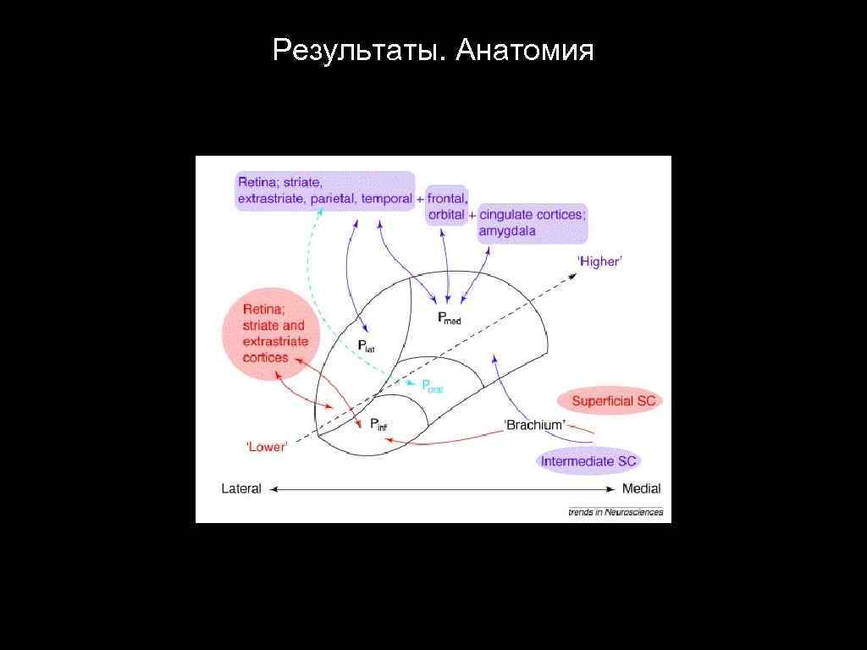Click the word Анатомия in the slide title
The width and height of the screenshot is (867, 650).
[524, 52]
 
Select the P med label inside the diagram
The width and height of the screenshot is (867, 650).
[450, 319]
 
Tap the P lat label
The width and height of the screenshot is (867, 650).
[366, 345]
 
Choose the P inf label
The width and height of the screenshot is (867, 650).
[378, 424]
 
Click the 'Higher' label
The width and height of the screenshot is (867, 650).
[599, 262]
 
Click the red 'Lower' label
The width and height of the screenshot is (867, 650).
[266, 446]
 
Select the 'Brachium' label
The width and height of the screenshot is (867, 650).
[535, 425]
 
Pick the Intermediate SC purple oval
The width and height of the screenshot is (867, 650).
[588, 461]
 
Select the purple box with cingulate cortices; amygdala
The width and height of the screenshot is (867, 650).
[532, 223]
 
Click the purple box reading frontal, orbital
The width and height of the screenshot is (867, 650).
[446, 207]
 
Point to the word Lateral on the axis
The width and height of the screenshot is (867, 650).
[241, 488]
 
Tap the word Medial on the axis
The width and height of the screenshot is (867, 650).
[641, 488]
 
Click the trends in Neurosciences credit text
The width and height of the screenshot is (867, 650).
[615, 512]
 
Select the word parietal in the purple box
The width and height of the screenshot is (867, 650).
[333, 199]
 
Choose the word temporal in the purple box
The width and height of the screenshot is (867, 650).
[387, 199]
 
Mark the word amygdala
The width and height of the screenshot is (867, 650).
[508, 231]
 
